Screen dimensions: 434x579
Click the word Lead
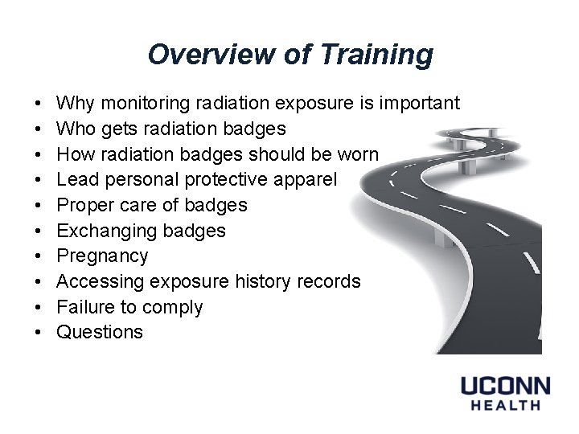pos(76,180)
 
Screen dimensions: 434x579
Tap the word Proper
pos(84,205)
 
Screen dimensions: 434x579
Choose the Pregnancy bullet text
pos(102,256)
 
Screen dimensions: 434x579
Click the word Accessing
pos(101,281)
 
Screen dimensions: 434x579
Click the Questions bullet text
pos(100,332)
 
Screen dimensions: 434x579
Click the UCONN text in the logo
pos(505,386)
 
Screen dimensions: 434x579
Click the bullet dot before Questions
pos(39,333)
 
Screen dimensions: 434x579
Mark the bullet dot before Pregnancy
pos(39,256)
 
